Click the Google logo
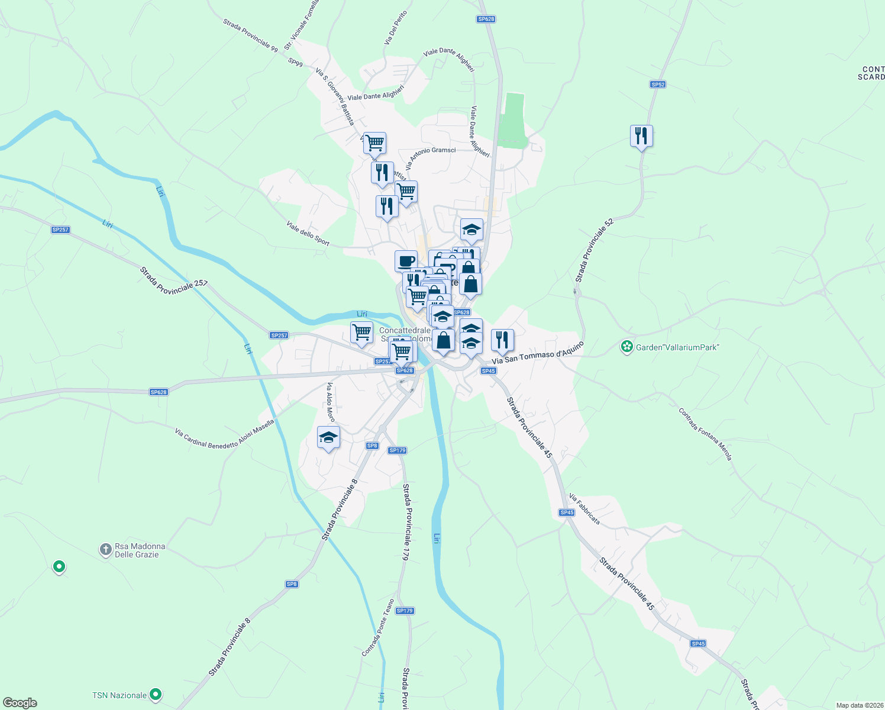point(20,703)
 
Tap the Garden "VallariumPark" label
point(677,347)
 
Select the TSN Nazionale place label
point(119,695)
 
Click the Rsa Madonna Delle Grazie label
point(140,550)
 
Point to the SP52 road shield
point(658,85)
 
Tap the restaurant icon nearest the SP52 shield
point(641,136)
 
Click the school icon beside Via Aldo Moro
point(328,437)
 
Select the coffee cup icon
point(406,261)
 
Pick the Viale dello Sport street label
point(308,233)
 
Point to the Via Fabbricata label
point(584,509)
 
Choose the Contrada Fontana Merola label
point(705,434)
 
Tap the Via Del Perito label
point(396,28)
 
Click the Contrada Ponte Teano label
point(377,628)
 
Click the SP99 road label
point(295,62)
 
